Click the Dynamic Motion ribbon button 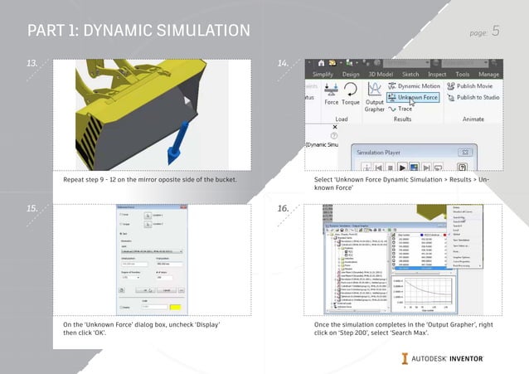[418, 85]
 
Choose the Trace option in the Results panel [404, 108]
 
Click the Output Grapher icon [375, 94]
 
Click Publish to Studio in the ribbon [477, 97]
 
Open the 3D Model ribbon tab [381, 73]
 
